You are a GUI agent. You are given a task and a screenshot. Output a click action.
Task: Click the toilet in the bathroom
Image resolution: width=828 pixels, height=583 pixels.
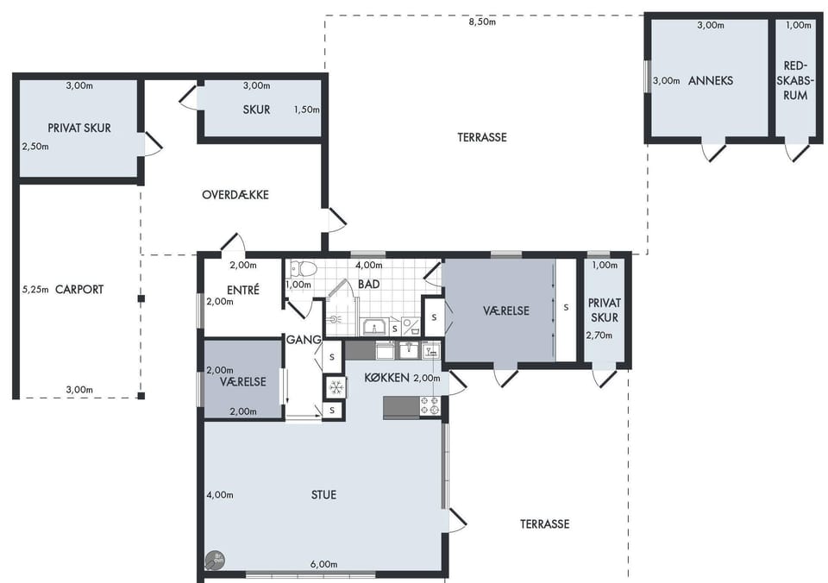(302, 270)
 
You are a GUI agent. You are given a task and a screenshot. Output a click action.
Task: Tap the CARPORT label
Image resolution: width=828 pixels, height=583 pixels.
(79, 290)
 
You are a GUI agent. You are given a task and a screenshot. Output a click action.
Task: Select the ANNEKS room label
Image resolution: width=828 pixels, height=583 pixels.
(711, 81)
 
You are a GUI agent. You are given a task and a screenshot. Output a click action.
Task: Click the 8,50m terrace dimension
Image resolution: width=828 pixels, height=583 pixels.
(482, 22)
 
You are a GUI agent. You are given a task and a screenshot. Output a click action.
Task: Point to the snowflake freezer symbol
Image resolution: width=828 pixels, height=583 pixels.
(336, 387)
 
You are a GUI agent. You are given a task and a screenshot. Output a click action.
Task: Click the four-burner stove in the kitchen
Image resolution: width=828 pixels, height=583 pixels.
(429, 405)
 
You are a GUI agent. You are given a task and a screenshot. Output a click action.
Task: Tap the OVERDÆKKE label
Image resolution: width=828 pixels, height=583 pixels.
(235, 195)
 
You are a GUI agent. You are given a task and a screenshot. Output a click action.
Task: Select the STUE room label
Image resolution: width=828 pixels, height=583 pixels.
(323, 495)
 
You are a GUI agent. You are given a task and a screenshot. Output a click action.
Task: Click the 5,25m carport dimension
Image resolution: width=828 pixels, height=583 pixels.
(35, 290)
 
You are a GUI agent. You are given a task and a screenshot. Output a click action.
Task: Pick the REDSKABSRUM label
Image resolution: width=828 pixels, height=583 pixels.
(795, 81)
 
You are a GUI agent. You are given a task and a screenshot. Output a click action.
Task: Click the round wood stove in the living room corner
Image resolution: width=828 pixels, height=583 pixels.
(215, 561)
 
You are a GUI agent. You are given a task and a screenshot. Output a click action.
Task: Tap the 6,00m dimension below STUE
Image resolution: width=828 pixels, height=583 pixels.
(323, 564)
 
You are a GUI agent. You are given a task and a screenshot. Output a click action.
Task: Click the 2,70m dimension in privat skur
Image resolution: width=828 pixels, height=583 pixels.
(599, 335)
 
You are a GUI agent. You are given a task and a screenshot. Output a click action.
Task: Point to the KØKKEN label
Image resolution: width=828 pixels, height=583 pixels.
(387, 378)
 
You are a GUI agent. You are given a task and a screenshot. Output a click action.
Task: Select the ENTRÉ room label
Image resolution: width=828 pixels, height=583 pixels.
(243, 290)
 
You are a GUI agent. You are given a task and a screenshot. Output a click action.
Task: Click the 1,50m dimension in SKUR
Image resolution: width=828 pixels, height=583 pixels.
(307, 110)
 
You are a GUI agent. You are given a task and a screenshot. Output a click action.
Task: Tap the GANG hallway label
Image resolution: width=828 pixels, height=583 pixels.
(304, 340)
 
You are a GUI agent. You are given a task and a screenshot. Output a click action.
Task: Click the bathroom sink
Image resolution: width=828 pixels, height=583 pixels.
(374, 326)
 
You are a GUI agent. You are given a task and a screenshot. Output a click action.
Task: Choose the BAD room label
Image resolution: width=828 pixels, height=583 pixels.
(368, 284)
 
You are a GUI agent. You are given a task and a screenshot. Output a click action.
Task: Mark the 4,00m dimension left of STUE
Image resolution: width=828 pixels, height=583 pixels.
(220, 495)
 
